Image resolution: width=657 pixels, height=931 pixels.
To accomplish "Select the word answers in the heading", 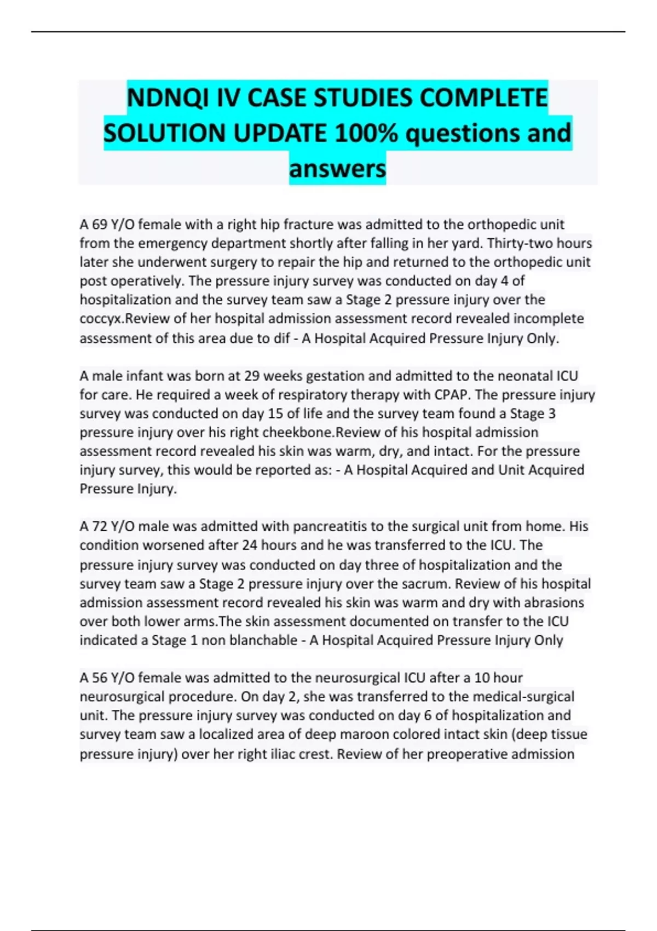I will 337,168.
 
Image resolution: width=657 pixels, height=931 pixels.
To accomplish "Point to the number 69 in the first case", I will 99,225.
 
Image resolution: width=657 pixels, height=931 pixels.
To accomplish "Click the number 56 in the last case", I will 99,678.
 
